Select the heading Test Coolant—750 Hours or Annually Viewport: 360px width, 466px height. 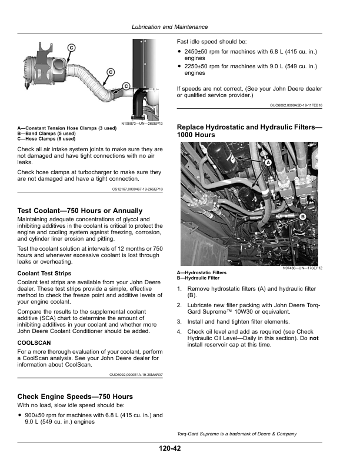coord(80,211)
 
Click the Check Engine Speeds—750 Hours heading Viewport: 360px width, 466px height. coord(75,397)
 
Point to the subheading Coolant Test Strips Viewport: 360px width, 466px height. coord(45,274)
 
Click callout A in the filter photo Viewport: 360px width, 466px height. coord(268,162)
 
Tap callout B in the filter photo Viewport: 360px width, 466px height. coord(303,217)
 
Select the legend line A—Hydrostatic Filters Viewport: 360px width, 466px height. coord(202,272)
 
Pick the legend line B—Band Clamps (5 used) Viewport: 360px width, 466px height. coord(44,134)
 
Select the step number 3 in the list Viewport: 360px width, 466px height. coord(179,322)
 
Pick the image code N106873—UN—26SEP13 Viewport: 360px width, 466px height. coord(142,124)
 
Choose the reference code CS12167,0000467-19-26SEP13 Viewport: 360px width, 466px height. coord(137,189)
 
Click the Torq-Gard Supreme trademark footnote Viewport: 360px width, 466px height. coord(236,434)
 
